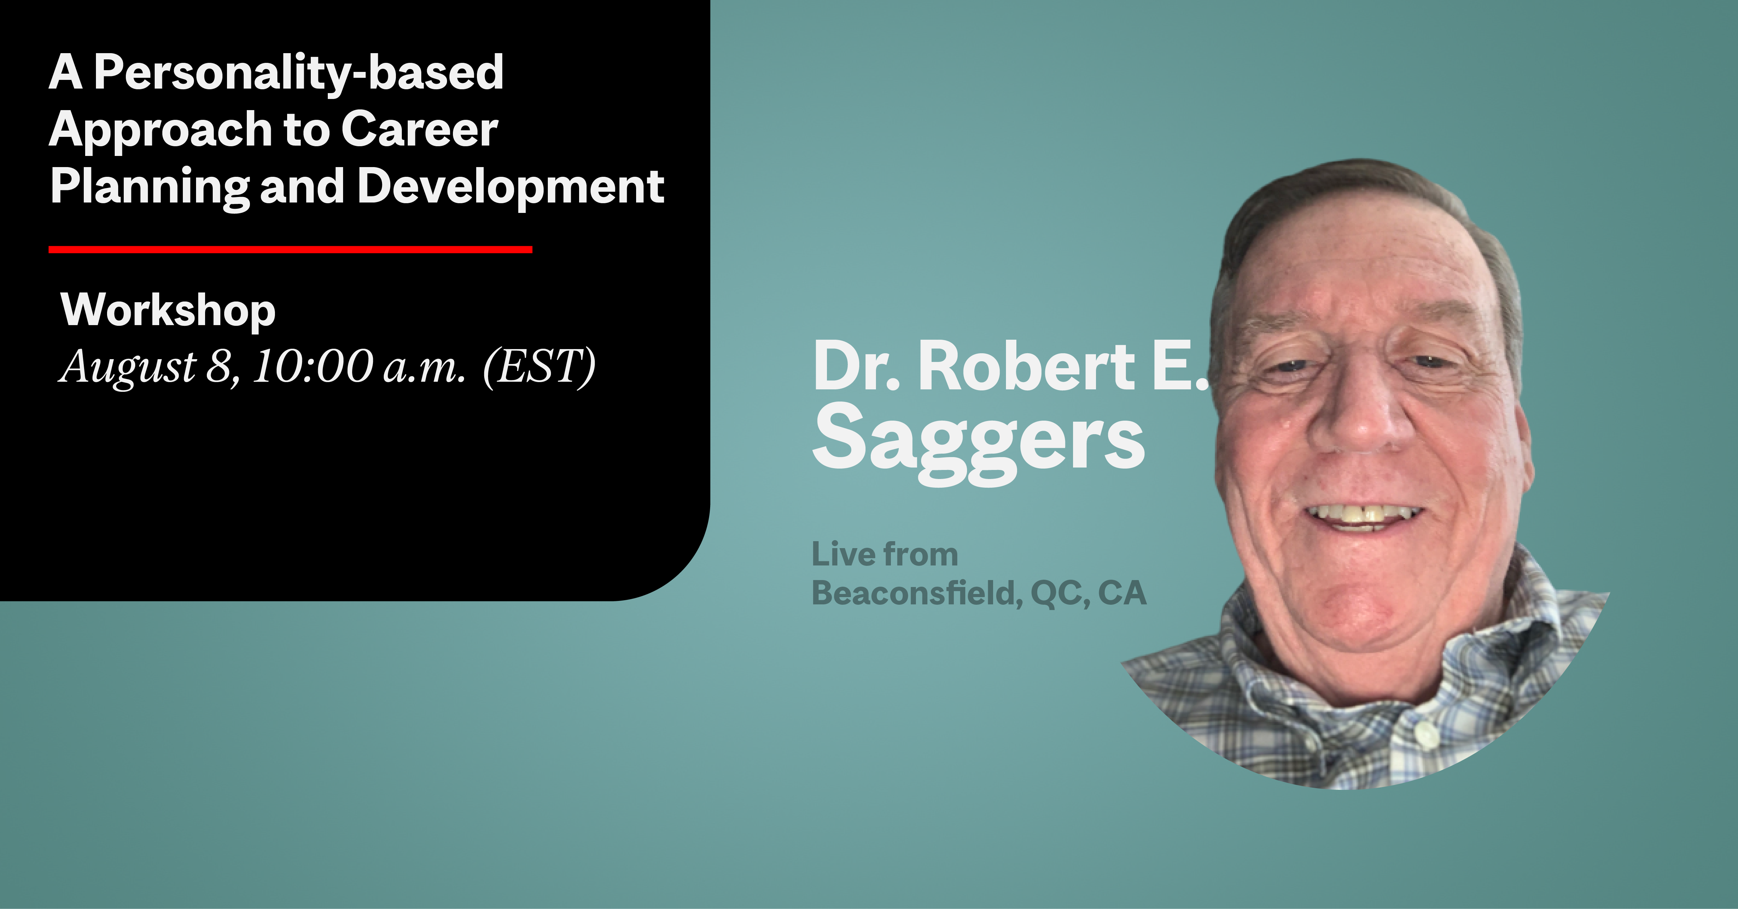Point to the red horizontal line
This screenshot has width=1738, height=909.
coord(290,249)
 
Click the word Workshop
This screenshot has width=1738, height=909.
coord(168,311)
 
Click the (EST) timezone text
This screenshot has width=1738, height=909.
coord(539,367)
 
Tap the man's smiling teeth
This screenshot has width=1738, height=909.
coord(1363,516)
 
